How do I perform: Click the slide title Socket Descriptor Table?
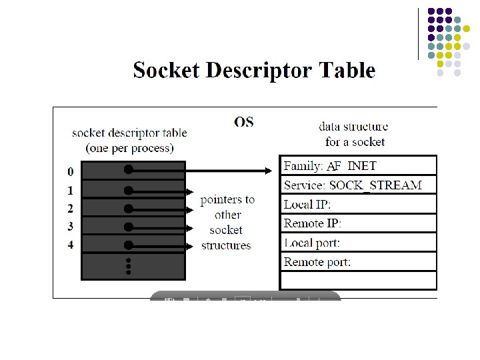254,71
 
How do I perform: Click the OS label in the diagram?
244,122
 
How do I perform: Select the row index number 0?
71,172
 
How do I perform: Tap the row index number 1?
71,191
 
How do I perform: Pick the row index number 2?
71,209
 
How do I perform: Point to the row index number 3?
71,227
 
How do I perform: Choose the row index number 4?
71,245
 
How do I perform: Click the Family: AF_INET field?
330,166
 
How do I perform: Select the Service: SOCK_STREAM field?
353,185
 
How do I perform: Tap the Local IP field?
307,204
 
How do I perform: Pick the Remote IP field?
313,223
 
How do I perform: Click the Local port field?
312,243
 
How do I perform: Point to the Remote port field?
317,262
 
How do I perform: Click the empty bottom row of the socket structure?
358,280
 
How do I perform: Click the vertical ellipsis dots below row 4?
128,264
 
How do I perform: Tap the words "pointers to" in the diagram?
227,199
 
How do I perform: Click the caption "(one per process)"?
129,147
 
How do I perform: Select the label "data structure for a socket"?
353,133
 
